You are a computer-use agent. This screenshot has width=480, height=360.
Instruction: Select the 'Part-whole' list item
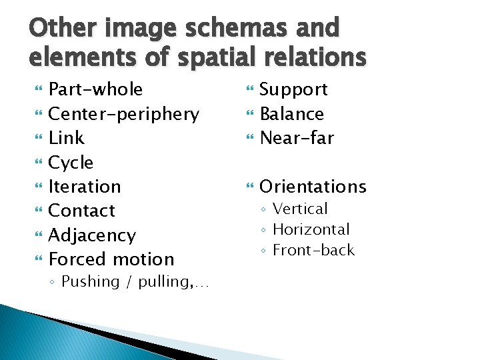[x=96, y=89]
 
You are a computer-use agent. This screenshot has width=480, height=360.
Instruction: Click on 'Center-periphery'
[x=124, y=114]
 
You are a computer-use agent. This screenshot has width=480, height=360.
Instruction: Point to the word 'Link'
[x=67, y=138]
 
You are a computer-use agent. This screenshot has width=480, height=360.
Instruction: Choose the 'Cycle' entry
[x=71, y=163]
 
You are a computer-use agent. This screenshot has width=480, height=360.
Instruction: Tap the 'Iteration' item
[x=85, y=187]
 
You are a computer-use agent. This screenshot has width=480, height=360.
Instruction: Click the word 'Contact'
[x=82, y=211]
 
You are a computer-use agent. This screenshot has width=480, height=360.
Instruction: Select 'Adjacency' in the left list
[x=92, y=235]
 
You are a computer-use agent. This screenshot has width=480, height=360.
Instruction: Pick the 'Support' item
[x=293, y=89]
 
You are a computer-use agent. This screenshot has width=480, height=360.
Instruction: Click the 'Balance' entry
[x=291, y=114]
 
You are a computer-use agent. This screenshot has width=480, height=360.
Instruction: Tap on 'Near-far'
[x=296, y=138]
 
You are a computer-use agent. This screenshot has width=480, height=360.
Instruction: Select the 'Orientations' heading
[x=313, y=187]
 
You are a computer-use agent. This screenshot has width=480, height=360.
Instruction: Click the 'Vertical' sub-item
[x=300, y=209]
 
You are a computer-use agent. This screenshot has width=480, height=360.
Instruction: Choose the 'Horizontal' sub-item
[x=311, y=229]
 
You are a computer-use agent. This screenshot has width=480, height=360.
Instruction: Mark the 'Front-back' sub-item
[x=313, y=250]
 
